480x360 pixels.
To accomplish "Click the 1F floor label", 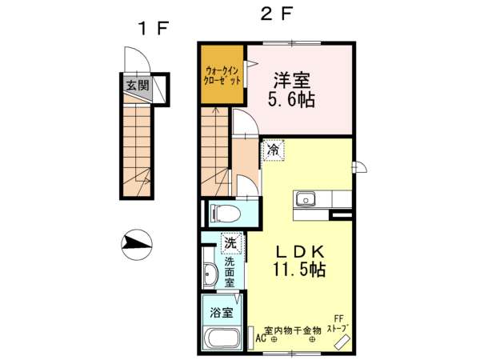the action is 154,29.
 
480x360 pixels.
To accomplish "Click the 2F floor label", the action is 277,14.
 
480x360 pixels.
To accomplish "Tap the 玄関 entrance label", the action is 138,85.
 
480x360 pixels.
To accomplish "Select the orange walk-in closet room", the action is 222,74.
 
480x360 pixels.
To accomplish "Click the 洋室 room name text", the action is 292,80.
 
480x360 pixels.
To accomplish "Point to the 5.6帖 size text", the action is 291,99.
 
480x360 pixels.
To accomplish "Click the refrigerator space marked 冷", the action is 274,150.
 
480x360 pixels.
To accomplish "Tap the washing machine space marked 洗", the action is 231,243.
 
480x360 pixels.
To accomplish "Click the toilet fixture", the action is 224,213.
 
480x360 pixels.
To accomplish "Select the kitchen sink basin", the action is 306,199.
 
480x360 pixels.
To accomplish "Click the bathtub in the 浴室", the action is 222,339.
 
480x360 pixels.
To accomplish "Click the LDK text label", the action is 300,252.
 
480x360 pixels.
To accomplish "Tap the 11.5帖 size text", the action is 299,270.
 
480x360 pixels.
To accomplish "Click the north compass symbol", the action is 137,245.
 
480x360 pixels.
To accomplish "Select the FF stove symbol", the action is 342,342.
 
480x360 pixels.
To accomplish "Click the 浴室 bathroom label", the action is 222,313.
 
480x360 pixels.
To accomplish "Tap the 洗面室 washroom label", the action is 230,272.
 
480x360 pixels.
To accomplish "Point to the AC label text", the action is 261,338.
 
